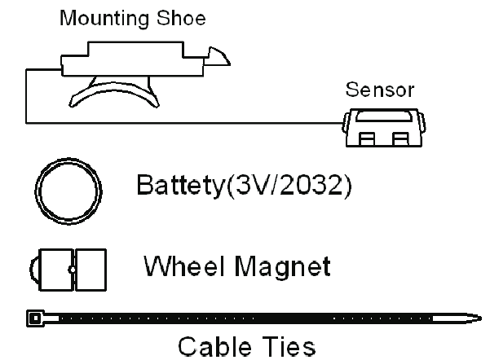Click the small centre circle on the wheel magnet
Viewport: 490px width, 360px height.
72,269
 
